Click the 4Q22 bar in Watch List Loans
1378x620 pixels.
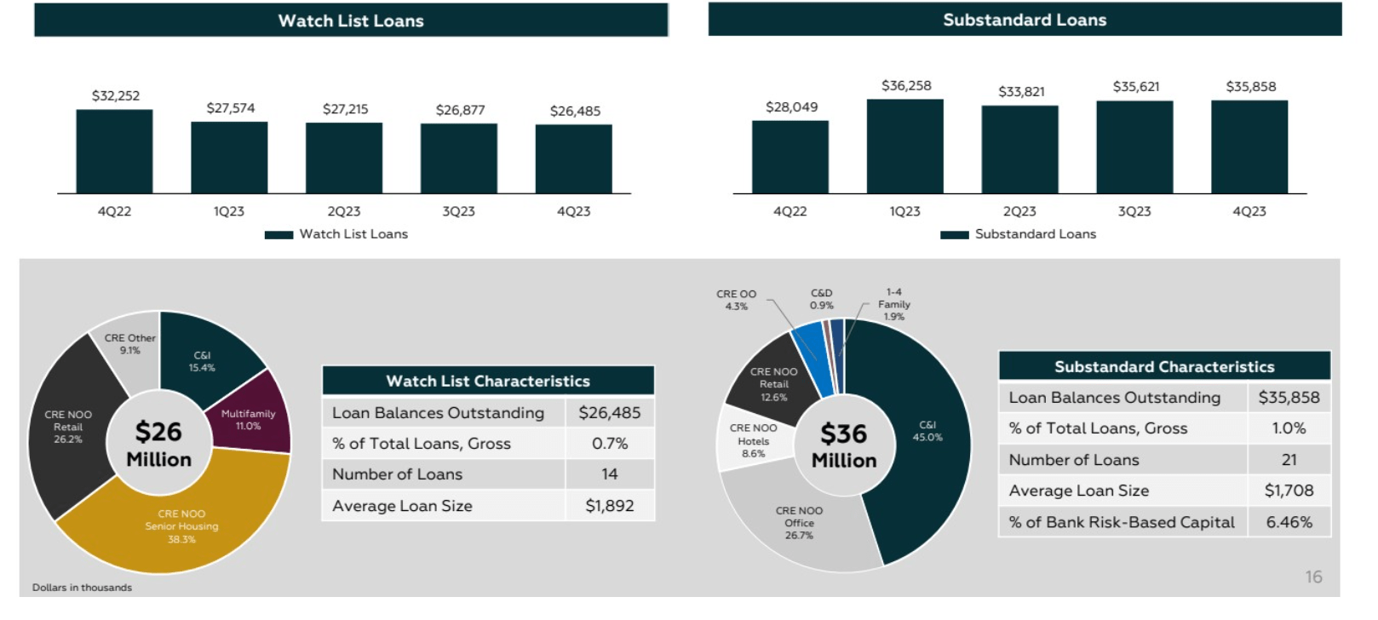click(114, 152)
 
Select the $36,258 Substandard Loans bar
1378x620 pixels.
click(904, 146)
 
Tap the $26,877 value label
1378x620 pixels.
click(460, 110)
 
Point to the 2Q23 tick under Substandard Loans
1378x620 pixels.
click(1019, 211)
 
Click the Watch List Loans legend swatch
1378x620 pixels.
click(278, 235)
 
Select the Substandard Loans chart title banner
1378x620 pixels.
click(1024, 20)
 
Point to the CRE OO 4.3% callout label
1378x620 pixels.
click(736, 300)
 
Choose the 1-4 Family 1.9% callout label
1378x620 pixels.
click(893, 304)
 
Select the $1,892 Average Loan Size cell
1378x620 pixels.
click(609, 506)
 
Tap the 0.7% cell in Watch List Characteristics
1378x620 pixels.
click(609, 444)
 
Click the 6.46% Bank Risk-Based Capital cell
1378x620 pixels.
click(1288, 522)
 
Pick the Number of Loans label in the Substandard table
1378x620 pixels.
click(1073, 460)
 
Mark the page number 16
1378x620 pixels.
click(1313, 577)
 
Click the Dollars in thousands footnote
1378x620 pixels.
click(82, 588)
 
